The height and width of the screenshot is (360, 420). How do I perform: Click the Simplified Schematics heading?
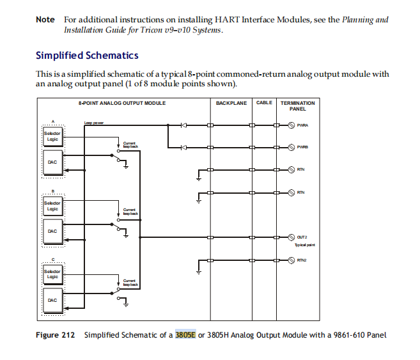click(x=87, y=56)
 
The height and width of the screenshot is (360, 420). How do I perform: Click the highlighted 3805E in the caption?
click(x=185, y=335)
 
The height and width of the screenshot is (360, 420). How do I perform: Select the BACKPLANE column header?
click(x=231, y=103)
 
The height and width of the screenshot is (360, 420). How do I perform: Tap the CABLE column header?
click(x=264, y=103)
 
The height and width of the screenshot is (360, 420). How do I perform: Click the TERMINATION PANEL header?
click(x=297, y=106)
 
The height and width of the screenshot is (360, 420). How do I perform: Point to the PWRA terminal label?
click(x=303, y=125)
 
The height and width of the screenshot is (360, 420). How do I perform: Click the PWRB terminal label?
click(x=303, y=148)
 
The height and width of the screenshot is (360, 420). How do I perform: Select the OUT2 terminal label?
click(x=302, y=237)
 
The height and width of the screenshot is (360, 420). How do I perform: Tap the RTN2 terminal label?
click(x=302, y=260)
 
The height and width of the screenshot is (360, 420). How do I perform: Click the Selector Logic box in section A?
click(x=52, y=136)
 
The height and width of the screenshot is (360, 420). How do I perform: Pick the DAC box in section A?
click(x=52, y=162)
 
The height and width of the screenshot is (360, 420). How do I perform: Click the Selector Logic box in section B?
click(x=52, y=206)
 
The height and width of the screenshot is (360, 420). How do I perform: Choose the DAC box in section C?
click(x=52, y=300)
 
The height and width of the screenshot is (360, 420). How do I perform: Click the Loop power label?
click(x=93, y=123)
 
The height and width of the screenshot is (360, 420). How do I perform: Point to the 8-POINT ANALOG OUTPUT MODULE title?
click(x=122, y=103)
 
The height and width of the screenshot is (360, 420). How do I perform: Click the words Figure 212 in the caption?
click(x=55, y=335)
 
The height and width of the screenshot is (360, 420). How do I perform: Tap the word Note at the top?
click(x=45, y=20)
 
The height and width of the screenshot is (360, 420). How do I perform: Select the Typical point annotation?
click(x=304, y=245)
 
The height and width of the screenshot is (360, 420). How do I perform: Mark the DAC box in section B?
click(x=52, y=231)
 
